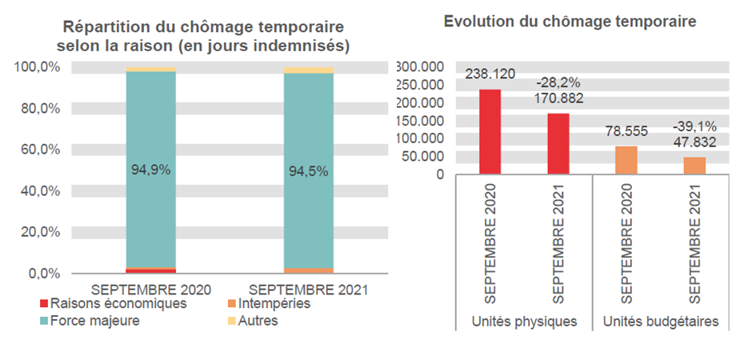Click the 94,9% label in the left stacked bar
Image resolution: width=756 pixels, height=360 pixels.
[150, 170]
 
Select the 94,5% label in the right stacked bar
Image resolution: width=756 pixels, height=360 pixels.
[308, 170]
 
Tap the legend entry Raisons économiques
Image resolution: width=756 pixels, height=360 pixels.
[111, 304]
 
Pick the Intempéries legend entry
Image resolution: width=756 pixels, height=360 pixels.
[269, 304]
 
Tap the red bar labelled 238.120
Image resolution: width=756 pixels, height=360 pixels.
[490, 131]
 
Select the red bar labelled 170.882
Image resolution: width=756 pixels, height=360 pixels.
[558, 143]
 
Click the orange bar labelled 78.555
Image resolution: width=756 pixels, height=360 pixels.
[626, 160]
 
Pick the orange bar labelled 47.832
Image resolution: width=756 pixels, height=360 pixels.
[694, 165]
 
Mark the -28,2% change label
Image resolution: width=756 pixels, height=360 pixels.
[558, 82]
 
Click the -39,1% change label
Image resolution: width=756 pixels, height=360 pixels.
[694, 126]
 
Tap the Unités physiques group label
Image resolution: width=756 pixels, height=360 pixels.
[524, 322]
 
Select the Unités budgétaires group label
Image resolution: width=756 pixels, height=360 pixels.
[660, 322]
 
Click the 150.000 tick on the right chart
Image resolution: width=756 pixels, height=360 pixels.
[420, 120]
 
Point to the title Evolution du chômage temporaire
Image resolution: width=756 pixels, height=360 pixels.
[570, 22]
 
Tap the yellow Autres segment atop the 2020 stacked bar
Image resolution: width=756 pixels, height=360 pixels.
[150, 70]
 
